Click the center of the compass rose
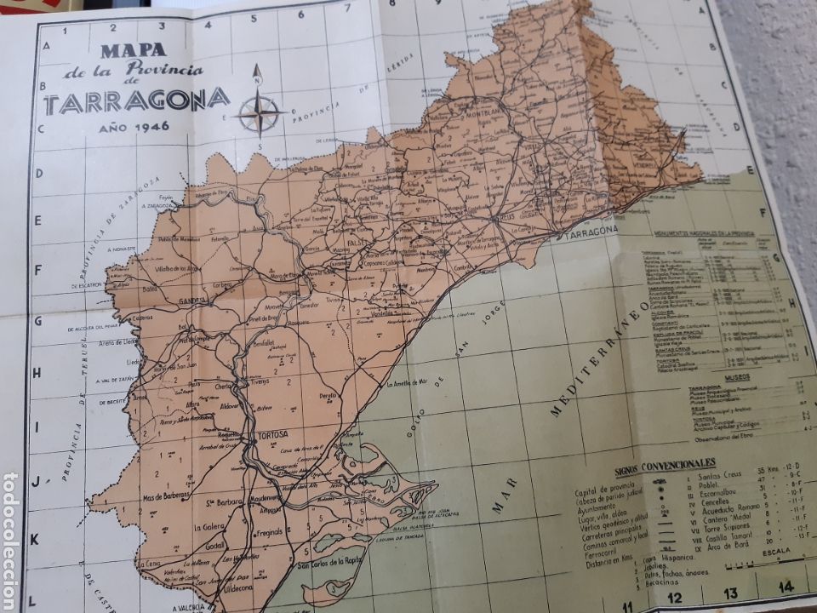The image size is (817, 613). click(x=260, y=110)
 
